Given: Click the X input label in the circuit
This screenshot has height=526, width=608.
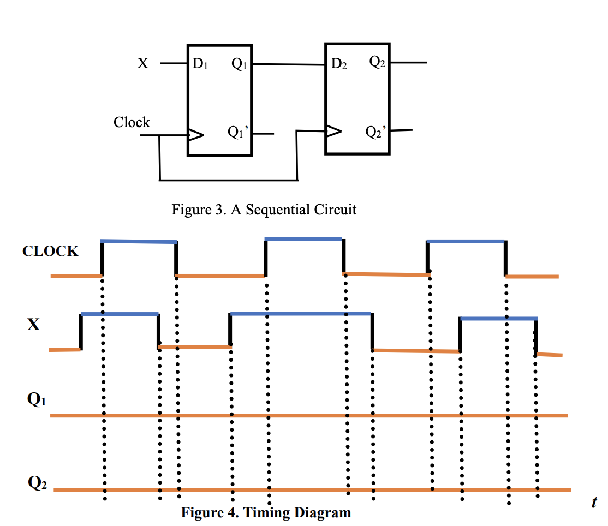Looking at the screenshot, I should [x=142, y=64].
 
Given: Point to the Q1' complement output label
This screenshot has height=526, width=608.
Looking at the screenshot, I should [x=238, y=133].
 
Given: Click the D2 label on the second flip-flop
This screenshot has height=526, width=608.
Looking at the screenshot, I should [x=339, y=64].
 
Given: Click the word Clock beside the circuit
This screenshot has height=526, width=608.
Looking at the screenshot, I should [x=132, y=122].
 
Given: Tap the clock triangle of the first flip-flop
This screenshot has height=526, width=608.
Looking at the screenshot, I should [x=195, y=134].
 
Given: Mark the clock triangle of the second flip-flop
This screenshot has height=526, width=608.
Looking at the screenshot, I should [x=333, y=131].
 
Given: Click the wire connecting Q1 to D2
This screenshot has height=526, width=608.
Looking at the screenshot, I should [x=288, y=64].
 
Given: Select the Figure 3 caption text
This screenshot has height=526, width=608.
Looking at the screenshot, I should [x=264, y=210].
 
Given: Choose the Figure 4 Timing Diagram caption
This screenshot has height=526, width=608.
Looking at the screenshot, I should [x=266, y=513].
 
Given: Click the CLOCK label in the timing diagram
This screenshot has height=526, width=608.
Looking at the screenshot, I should [x=50, y=252].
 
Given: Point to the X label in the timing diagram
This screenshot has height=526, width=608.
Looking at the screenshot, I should [x=34, y=325].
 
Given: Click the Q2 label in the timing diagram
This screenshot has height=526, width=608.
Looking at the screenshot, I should [x=37, y=483].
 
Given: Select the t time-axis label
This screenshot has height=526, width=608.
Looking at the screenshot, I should [x=594, y=503].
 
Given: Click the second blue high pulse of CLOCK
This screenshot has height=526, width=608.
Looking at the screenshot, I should [x=303, y=239].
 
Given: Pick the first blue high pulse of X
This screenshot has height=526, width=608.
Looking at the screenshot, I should [x=120, y=314].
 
